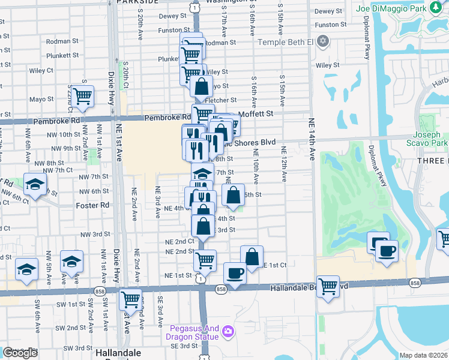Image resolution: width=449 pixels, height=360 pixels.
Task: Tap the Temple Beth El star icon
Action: coord(324,42)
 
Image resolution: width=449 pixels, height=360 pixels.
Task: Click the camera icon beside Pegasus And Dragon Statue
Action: coord(228,331)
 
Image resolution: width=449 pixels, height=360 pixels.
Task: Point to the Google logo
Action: coord(20,353)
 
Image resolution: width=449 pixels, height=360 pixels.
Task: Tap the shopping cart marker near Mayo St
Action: coord(82,95)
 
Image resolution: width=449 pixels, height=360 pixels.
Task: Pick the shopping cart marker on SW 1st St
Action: coord(130,298)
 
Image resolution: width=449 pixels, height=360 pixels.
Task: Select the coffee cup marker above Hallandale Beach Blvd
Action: coord(234,273)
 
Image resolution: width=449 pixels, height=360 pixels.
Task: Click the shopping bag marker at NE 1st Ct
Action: coord(252,256)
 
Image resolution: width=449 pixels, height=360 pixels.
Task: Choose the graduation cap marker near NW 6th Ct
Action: coord(35,185)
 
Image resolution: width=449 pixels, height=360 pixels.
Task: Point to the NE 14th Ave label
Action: coord(312,138)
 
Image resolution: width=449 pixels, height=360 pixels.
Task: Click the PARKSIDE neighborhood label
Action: coord(136,2)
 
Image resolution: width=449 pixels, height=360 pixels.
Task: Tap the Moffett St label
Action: coord(256,113)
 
